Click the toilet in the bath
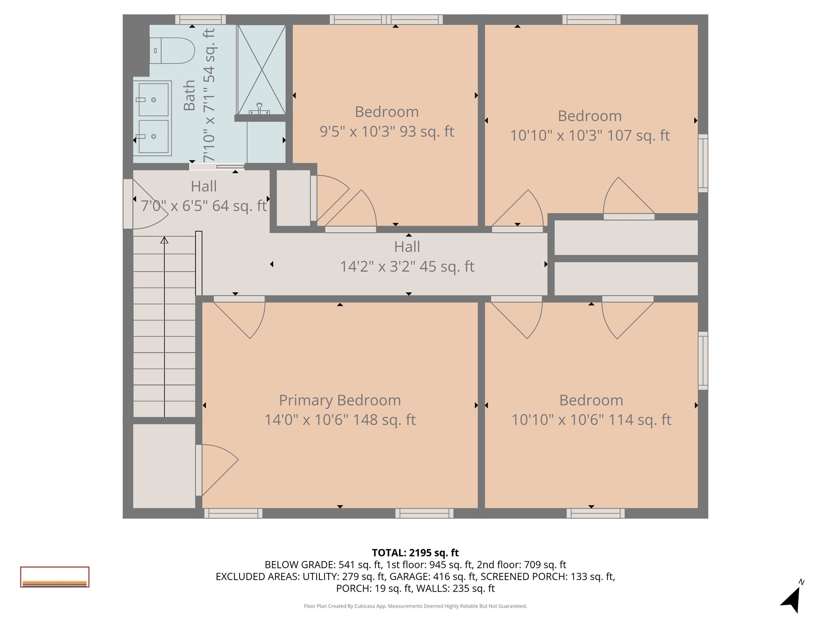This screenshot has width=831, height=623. pyautogui.click(x=172, y=51)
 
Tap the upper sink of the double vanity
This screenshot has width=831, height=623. pyautogui.click(x=153, y=99)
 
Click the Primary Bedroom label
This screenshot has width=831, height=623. pyautogui.click(x=340, y=400)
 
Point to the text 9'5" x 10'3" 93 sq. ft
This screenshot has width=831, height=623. pyautogui.click(x=387, y=131)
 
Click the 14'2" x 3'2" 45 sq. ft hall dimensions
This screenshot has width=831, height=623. pyautogui.click(x=407, y=266)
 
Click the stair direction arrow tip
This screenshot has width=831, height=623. pyautogui.click(x=164, y=240)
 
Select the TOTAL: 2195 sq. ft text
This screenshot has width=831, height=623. pyautogui.click(x=415, y=553)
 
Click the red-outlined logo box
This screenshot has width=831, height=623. pyautogui.click(x=55, y=577)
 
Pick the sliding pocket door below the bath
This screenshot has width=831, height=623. pyautogui.click(x=217, y=166)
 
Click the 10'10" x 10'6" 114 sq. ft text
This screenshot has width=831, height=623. pyautogui.click(x=591, y=420)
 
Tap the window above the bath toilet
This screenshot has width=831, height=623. pyautogui.click(x=200, y=19)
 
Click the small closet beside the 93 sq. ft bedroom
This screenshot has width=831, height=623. pyautogui.click(x=293, y=198)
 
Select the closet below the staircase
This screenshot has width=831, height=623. pyautogui.click(x=164, y=466)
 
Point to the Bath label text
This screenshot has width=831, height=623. pyautogui.click(x=189, y=95)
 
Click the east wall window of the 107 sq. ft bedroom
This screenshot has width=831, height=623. pyautogui.click(x=703, y=163)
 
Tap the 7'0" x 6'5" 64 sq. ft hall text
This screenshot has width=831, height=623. pyautogui.click(x=204, y=206)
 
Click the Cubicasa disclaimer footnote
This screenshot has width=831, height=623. pyautogui.click(x=415, y=606)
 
